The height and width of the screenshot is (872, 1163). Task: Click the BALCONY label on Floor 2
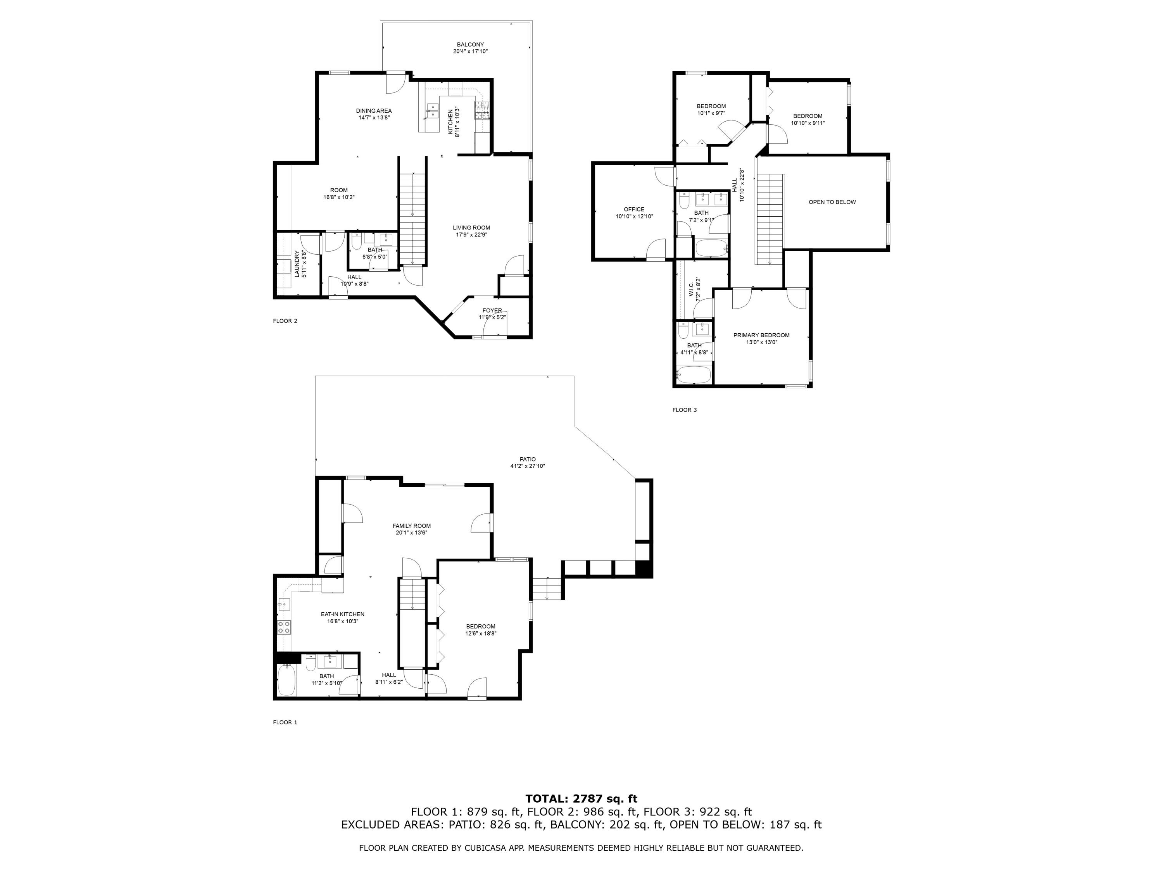470,45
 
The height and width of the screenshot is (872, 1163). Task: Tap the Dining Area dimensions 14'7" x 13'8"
374,118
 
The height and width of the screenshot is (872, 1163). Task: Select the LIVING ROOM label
471,227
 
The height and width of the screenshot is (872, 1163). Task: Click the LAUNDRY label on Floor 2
297,264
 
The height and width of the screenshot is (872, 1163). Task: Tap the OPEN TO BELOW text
832,202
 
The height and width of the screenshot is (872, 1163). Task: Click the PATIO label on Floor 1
527,459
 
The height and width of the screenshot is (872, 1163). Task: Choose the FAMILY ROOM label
411,526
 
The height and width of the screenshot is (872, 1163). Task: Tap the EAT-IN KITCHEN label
342,614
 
